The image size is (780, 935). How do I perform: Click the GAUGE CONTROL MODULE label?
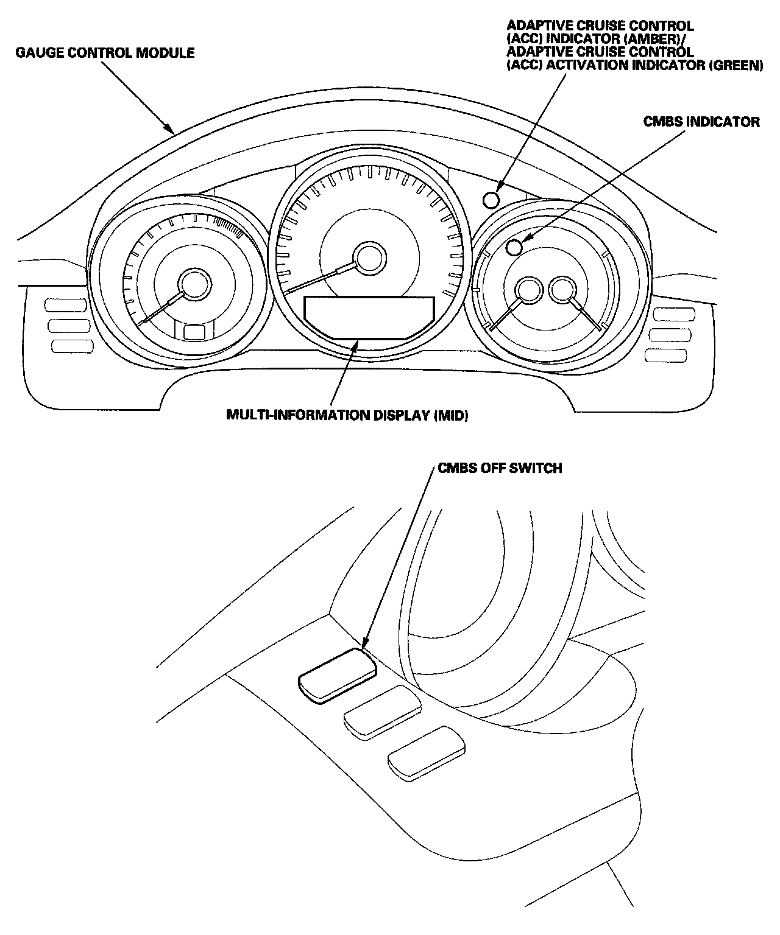coord(105,53)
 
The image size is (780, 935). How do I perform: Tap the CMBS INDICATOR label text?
coord(701,122)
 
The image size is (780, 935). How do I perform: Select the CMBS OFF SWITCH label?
coord(500,468)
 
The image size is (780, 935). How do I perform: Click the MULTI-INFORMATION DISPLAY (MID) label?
coord(347,415)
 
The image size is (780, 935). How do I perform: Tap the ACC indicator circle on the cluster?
coord(491,200)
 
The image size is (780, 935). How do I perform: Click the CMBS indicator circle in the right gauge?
coord(515,247)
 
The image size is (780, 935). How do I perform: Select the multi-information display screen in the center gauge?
coord(369,318)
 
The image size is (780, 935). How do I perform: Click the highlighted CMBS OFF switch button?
coord(338,676)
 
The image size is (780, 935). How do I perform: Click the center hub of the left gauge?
coord(194,285)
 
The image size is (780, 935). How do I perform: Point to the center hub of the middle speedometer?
coord(369,258)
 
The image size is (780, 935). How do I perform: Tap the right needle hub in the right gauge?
coord(562,290)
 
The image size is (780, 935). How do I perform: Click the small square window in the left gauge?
coord(194,332)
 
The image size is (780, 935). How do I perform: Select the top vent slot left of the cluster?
coord(65,306)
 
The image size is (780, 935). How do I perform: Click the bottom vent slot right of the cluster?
coord(666,355)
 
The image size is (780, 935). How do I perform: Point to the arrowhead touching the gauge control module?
coord(170,128)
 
